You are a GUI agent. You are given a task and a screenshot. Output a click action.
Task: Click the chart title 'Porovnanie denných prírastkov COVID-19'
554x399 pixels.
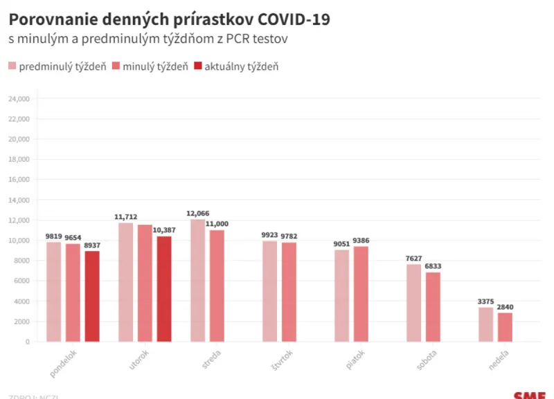coord(169,19)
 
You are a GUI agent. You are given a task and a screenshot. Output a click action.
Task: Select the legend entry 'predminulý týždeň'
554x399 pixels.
coord(57,66)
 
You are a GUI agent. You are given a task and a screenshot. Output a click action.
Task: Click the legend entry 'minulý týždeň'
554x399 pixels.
coord(150,66)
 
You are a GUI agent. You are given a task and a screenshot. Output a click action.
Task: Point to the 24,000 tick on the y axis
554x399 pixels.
coord(18,99)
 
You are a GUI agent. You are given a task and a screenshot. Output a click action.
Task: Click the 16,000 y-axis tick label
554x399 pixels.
coord(18,180)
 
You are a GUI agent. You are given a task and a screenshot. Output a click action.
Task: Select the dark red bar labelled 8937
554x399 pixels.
coord(92,296)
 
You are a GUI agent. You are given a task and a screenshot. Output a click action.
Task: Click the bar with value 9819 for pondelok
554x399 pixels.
coord(53,291)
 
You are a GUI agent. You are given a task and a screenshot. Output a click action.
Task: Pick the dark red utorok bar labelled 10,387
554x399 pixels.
coord(164,288)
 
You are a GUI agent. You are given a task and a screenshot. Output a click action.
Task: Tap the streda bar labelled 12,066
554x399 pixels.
coord(197,280)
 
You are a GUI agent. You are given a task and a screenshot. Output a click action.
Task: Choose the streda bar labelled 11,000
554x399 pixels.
coord(217,286)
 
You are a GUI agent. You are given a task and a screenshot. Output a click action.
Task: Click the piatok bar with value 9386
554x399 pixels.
coord(361,294)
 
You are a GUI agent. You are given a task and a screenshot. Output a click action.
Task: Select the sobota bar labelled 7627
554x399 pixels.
coord(413,303)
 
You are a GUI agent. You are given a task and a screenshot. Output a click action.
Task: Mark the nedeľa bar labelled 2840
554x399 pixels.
coord(505,327)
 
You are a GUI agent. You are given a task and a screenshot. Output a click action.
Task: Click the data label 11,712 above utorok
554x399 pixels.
coord(125,216)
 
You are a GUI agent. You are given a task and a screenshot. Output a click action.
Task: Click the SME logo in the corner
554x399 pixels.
coord(529,395)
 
